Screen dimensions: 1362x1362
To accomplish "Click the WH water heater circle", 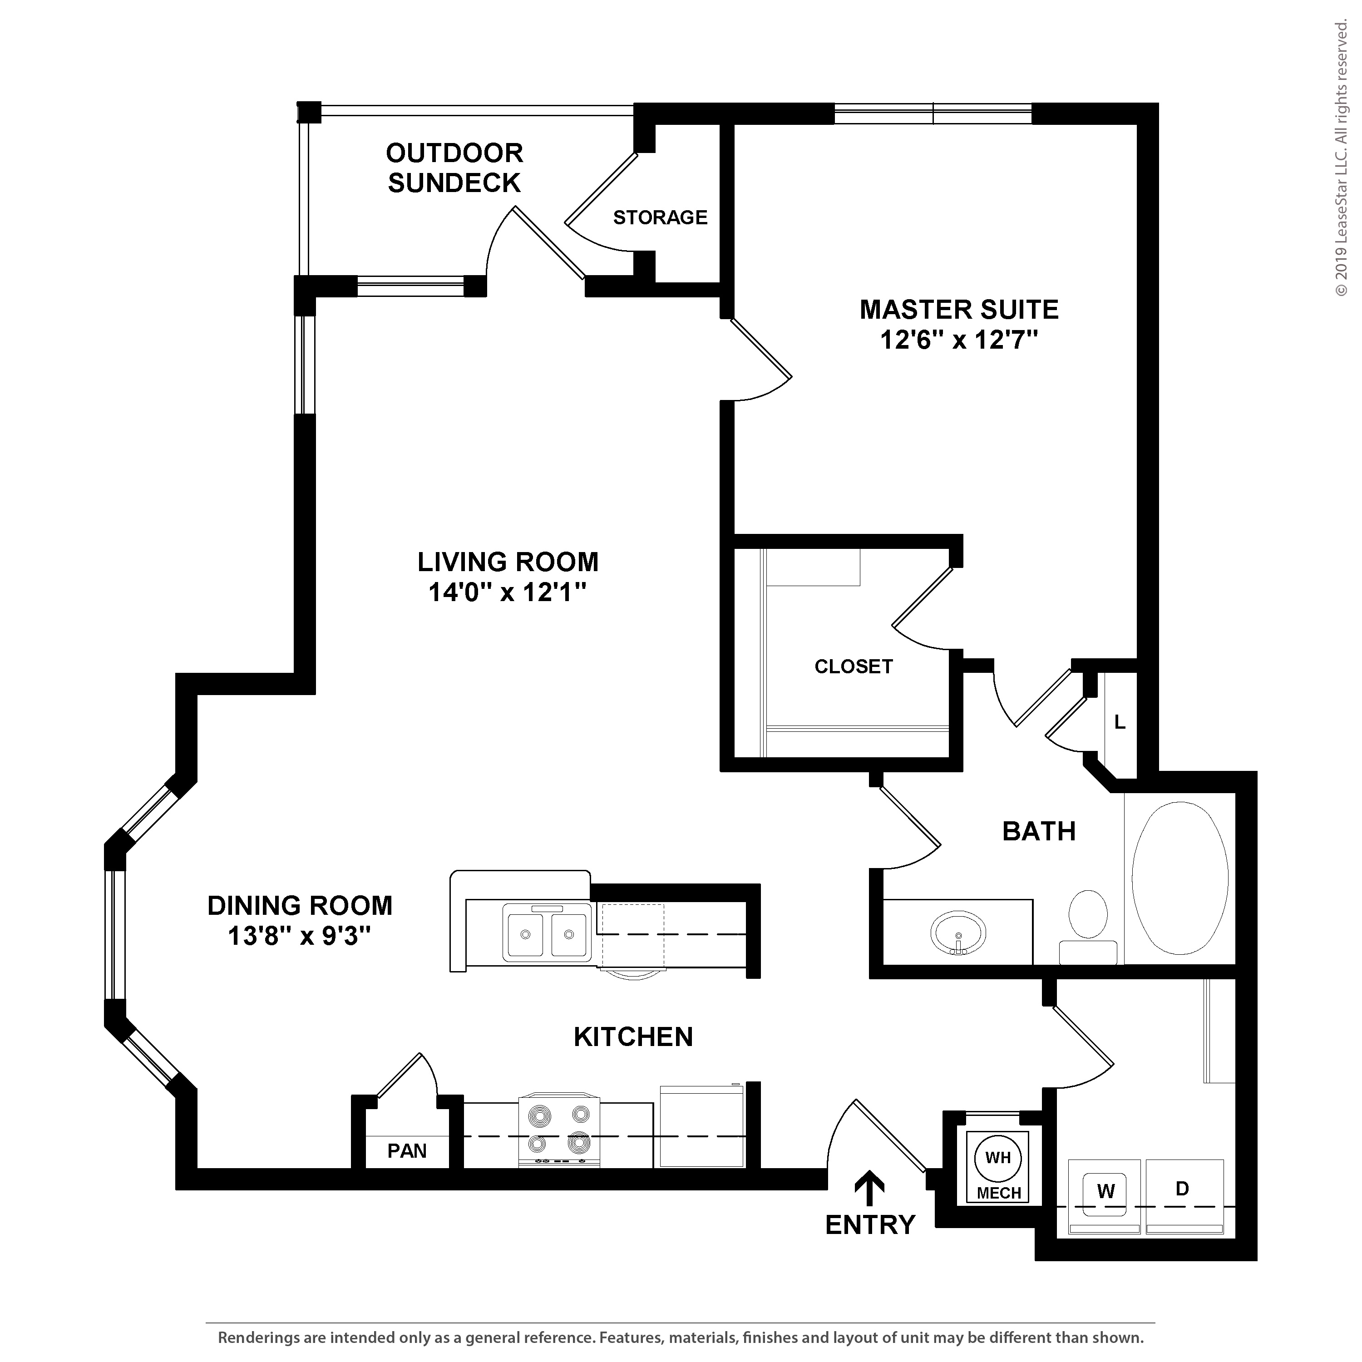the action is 997,1158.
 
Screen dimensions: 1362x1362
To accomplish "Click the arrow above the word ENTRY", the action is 870,1188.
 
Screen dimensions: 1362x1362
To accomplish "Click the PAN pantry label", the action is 408,1151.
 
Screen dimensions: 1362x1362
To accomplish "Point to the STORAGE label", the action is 660,217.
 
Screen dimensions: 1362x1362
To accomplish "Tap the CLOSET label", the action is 854,666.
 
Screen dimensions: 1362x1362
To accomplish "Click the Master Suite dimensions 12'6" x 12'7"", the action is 959,340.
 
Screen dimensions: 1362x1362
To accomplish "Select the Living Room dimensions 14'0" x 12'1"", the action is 508,592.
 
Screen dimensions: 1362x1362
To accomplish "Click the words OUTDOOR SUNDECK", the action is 455,168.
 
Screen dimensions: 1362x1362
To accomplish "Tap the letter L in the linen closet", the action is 1120,722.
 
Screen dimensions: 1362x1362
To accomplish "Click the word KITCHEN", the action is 633,1037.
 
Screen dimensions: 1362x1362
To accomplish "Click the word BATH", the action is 1039,831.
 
